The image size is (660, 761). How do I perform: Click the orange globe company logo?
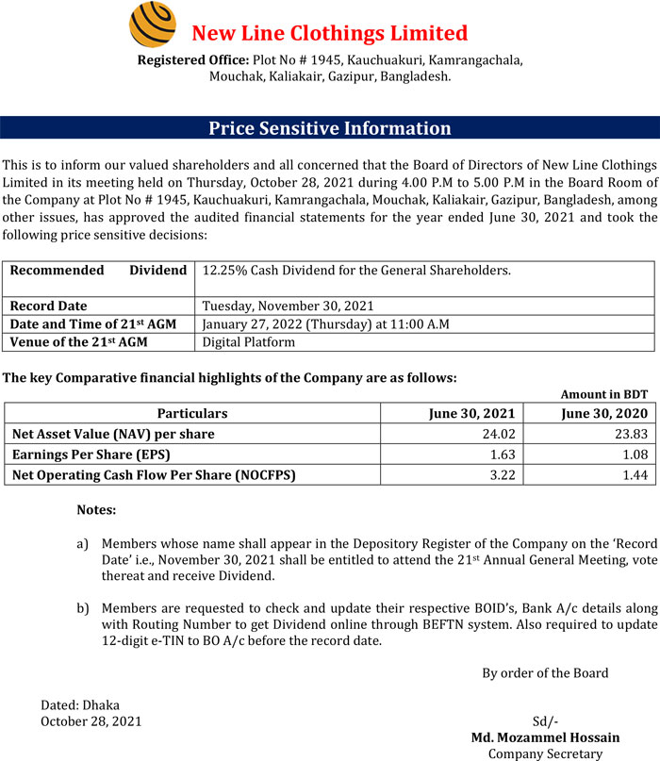point(153,25)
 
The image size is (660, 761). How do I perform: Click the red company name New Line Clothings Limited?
point(329,34)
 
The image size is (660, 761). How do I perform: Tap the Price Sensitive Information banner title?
point(329,128)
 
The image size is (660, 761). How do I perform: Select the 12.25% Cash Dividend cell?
point(356,271)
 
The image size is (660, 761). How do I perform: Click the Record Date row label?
point(48,306)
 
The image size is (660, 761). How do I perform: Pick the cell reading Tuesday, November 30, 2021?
point(289,306)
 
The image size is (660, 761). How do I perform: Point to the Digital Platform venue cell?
point(249,341)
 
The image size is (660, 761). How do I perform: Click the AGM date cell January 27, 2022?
point(326,323)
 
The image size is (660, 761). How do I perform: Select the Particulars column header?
point(192,413)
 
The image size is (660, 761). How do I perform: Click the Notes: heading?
point(96,510)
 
